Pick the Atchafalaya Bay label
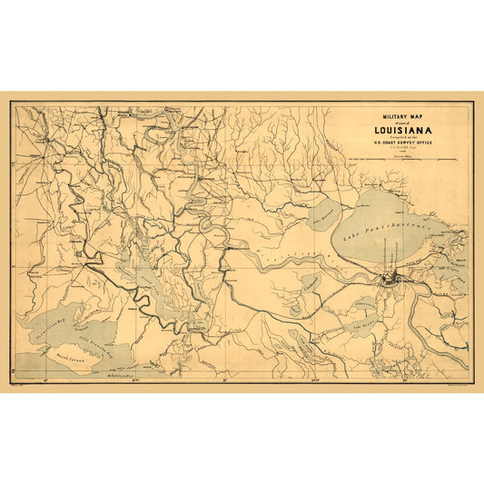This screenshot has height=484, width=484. [118, 373]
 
